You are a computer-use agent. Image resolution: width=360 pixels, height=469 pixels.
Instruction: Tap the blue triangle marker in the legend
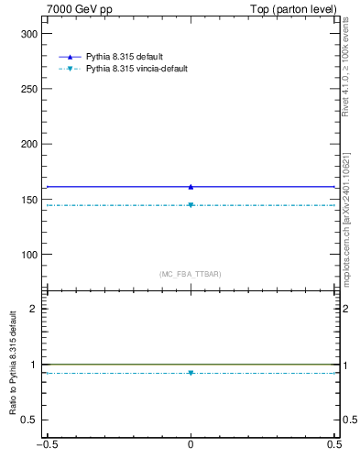tap(70, 57)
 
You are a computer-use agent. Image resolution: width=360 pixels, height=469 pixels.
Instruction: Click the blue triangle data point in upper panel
tap(191, 187)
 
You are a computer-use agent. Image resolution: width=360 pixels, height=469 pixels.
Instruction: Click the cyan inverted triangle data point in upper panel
tap(191, 205)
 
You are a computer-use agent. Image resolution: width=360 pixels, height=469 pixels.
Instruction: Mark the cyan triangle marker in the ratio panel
tap(191, 373)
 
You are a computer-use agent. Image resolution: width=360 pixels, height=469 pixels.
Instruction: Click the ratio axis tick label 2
tap(36, 309)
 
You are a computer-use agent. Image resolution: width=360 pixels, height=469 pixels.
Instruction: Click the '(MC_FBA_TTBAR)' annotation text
tap(191, 274)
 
